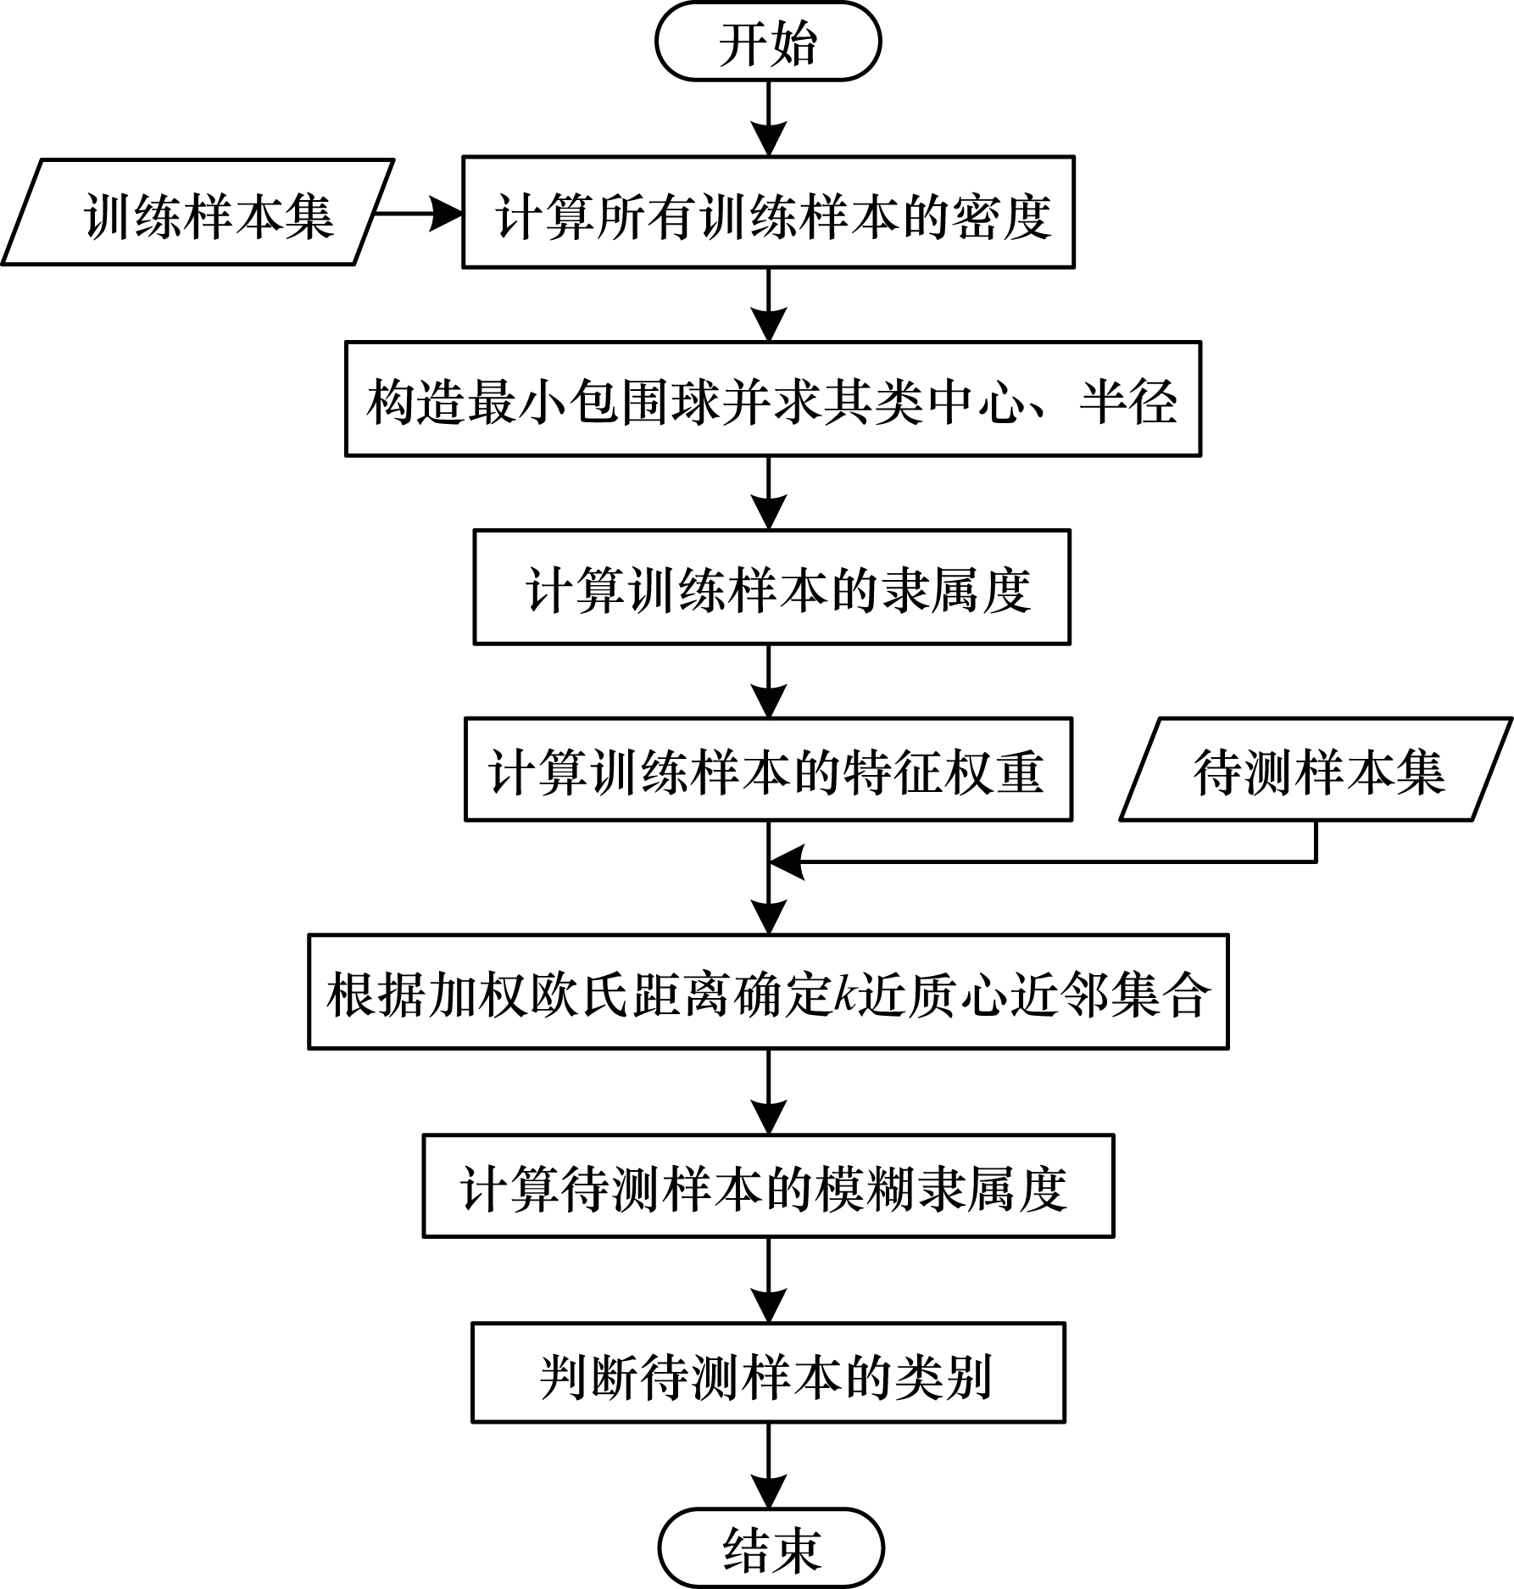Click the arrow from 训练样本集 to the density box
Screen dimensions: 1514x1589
coord(418,214)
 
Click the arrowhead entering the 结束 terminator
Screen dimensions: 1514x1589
coord(769,1493)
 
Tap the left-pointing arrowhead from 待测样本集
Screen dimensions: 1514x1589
coord(787,862)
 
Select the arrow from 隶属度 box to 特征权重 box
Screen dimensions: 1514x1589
coord(769,682)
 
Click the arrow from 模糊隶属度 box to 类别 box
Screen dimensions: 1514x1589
coord(769,1280)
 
